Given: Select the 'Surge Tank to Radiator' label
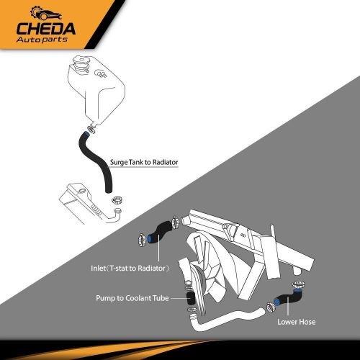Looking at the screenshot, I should pos(145,162).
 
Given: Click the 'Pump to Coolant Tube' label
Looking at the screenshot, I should pos(136,297).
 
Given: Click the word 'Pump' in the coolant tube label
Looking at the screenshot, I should pos(105,297).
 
